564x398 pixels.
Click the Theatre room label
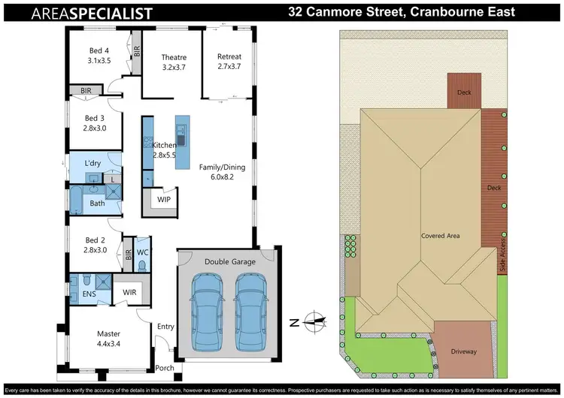[174, 62]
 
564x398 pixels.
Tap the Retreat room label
[229, 62]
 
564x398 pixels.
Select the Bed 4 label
[99, 55]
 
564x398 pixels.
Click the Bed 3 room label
[95, 123]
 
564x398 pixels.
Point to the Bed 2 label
[95, 246]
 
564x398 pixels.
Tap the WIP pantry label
[163, 199]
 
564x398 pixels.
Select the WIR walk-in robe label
[129, 291]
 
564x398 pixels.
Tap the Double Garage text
[229, 261]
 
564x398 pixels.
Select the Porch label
[164, 369]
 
